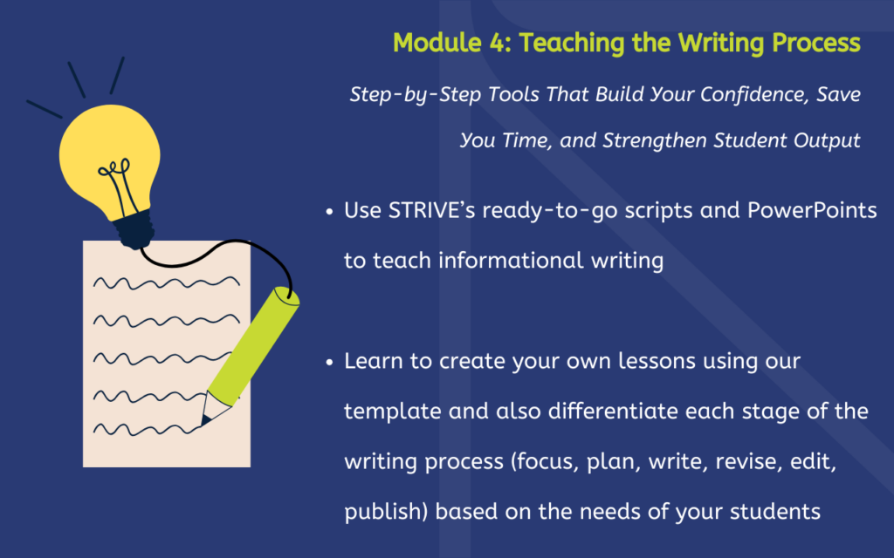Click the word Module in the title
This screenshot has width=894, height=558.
(437, 43)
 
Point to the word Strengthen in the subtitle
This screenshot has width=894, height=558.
(655, 140)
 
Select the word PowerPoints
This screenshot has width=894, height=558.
(812, 211)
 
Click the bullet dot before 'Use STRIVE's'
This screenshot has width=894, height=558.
(329, 212)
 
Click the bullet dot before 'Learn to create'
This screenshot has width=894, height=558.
(329, 362)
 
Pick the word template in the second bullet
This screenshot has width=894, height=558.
(392, 412)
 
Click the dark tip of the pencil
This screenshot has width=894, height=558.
(205, 421)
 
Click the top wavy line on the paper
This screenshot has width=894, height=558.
(167, 282)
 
